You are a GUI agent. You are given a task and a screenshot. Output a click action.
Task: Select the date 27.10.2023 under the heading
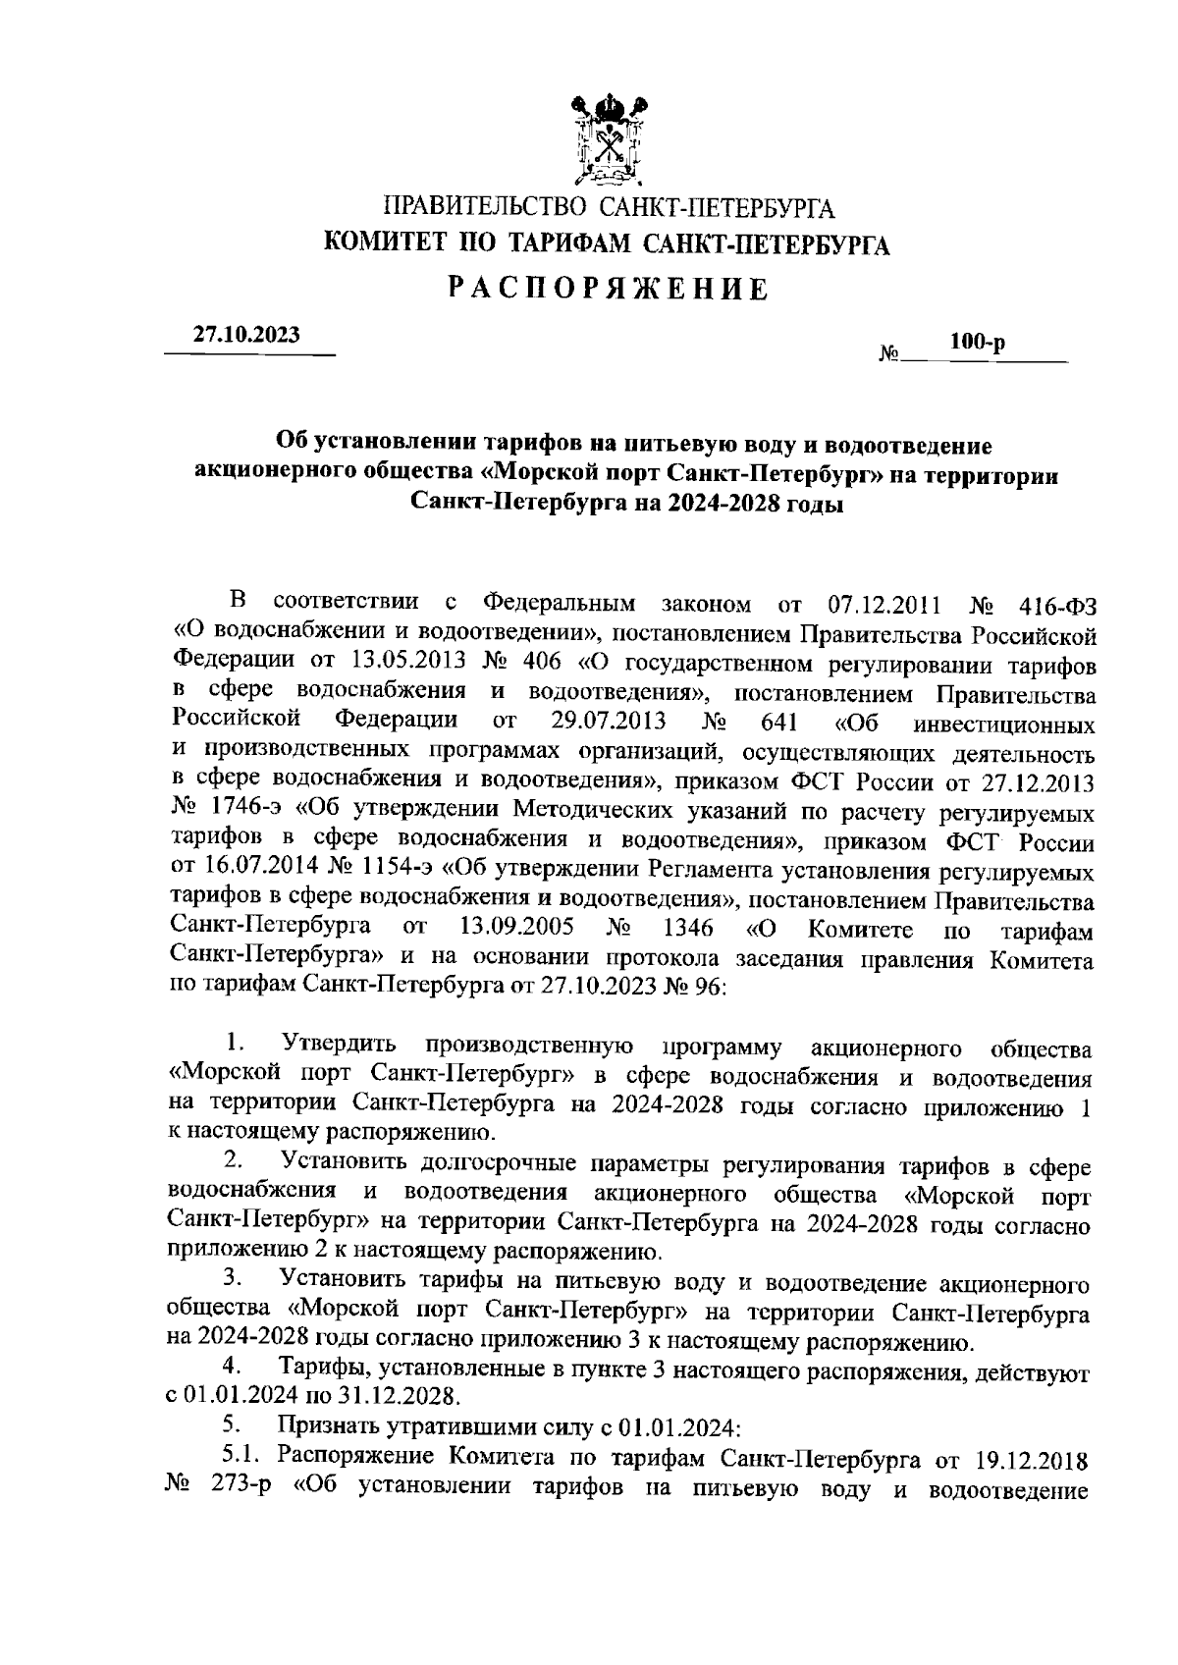tap(247, 334)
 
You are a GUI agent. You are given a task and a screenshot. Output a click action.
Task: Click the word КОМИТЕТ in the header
tap(388, 243)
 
